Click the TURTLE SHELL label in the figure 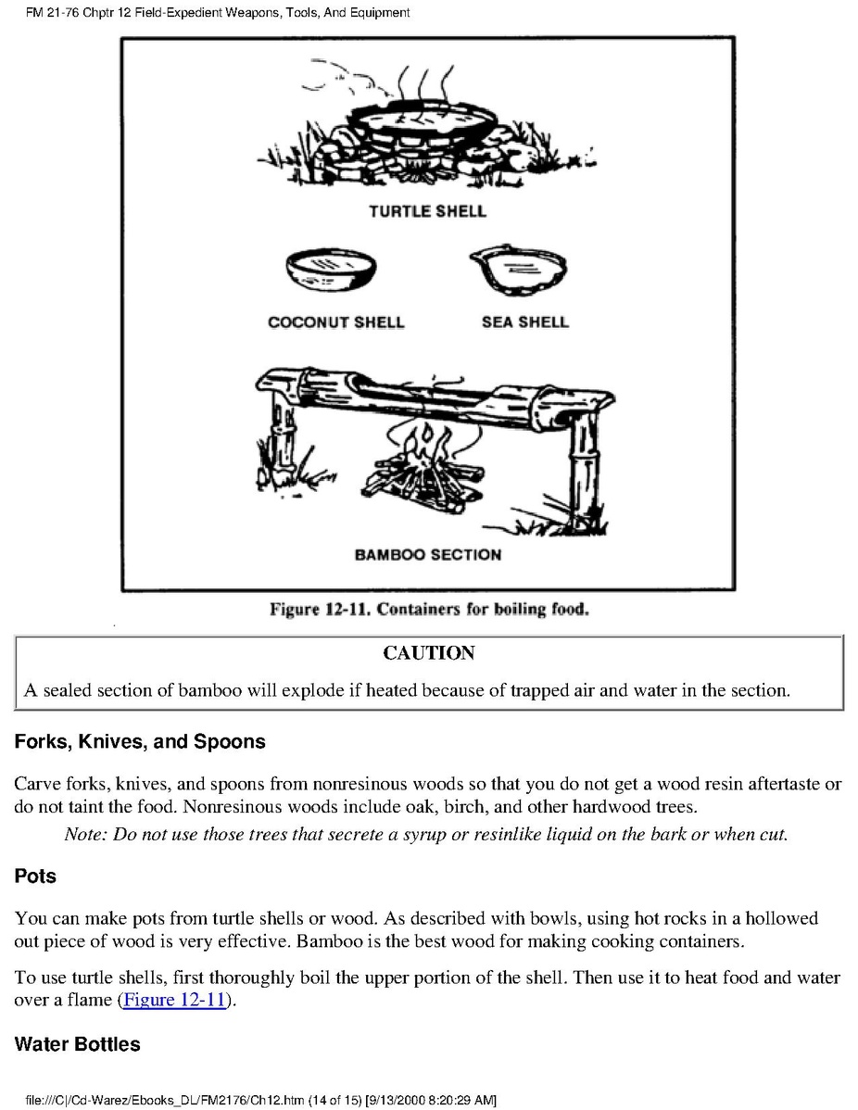pos(427,211)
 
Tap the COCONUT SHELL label pos(336,322)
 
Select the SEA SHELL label pos(524,322)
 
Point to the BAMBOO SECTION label pos(428,555)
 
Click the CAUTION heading pos(429,653)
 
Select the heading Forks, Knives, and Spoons pos(140,741)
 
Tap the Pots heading pos(35,876)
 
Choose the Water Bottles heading pos(78,1044)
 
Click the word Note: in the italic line pos(86,833)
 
